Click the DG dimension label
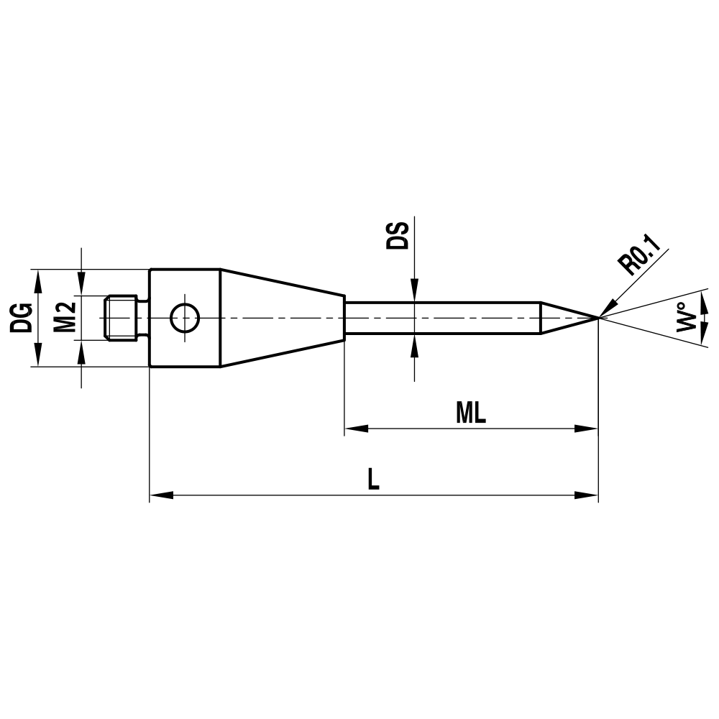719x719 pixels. pos(21,317)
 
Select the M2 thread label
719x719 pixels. pos(65,317)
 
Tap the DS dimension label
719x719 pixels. pos(397,235)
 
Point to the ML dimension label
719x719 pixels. pos(471,413)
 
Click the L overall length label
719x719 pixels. pos(372,480)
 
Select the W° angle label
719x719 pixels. pos(687,317)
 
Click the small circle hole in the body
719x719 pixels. pos(185,317)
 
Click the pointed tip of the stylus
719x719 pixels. pos(596,317)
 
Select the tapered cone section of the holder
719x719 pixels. pos(280,317)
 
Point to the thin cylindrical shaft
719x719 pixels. pos(442,317)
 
